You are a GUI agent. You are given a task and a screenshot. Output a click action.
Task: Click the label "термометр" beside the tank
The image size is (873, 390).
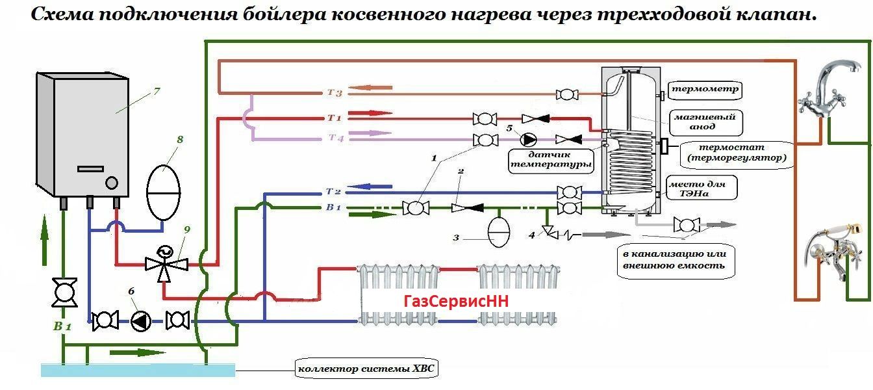click(x=705, y=89)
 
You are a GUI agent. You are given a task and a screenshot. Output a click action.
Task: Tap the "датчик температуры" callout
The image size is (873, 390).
click(x=551, y=160)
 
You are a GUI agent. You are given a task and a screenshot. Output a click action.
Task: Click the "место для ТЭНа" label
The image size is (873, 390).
click(x=705, y=188)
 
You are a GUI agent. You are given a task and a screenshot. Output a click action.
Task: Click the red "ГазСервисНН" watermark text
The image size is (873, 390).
click(x=455, y=302)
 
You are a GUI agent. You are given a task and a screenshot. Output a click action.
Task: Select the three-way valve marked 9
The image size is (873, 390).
click(x=165, y=262)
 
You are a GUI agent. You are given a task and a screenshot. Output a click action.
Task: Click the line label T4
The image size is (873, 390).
click(x=336, y=138)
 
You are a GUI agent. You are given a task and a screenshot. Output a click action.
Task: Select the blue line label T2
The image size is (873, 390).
click(x=333, y=192)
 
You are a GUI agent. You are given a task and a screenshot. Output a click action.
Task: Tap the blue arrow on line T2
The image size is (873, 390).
click(x=373, y=188)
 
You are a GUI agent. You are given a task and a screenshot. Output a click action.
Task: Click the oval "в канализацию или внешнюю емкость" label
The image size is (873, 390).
click(x=670, y=259)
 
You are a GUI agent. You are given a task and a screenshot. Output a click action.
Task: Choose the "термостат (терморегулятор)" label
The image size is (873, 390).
click(x=735, y=152)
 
